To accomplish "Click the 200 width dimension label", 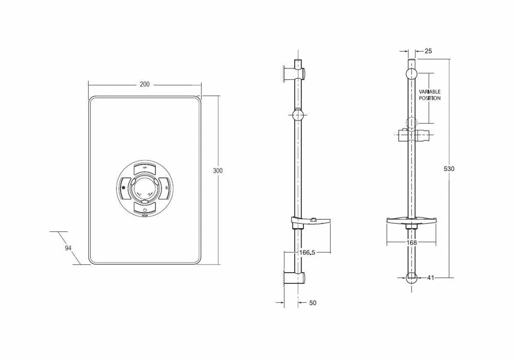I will pyautogui.click(x=145, y=84).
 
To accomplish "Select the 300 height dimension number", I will pyautogui.click(x=218, y=170).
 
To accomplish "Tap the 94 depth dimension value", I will pyautogui.click(x=68, y=248).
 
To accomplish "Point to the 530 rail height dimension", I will pyautogui.click(x=448, y=169).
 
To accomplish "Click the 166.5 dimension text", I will pyautogui.click(x=307, y=253).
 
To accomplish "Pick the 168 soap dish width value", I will pyautogui.click(x=411, y=243).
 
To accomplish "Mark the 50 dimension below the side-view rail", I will pyautogui.click(x=313, y=303).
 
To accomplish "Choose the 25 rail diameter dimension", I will pyautogui.click(x=428, y=51).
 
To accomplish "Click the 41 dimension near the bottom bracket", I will pyautogui.click(x=430, y=278).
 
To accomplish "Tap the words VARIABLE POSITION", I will pyautogui.click(x=429, y=95).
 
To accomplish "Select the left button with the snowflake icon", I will pyautogui.click(x=124, y=187).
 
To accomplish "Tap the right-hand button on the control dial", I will pyautogui.click(x=165, y=187).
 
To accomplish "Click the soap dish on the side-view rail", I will pyautogui.click(x=311, y=221).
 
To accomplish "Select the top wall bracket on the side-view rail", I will pyautogui.click(x=296, y=72).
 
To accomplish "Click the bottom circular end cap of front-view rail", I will pyautogui.click(x=411, y=277).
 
